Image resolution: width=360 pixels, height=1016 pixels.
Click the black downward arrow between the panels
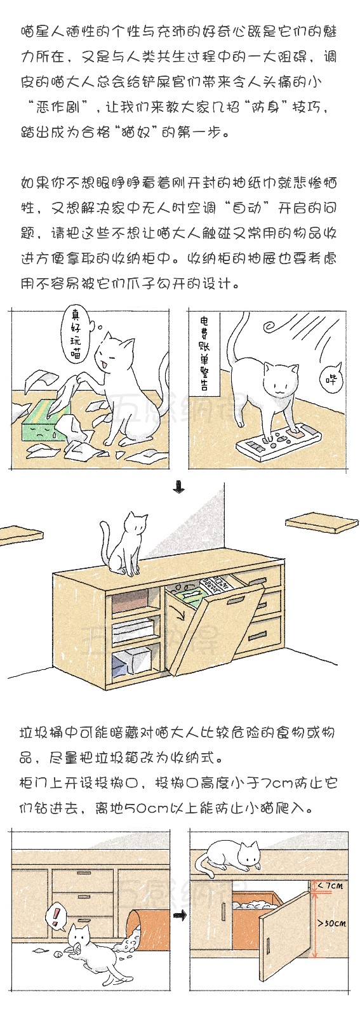pos(179,488)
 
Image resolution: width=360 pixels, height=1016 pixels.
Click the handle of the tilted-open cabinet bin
pos(235,601)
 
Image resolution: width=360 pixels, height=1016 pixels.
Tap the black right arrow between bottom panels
pos(181,916)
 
